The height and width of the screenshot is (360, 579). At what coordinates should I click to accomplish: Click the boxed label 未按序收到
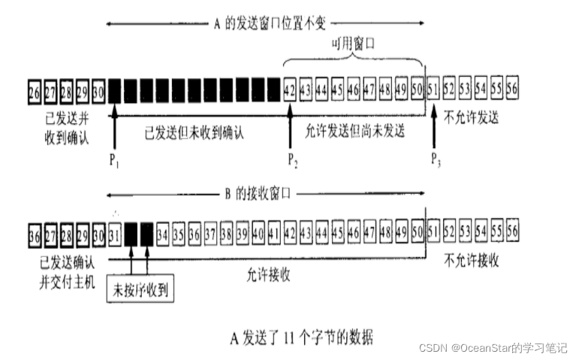pyautogui.click(x=142, y=289)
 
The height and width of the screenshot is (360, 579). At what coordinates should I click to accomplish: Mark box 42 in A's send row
pyautogui.click(x=291, y=91)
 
